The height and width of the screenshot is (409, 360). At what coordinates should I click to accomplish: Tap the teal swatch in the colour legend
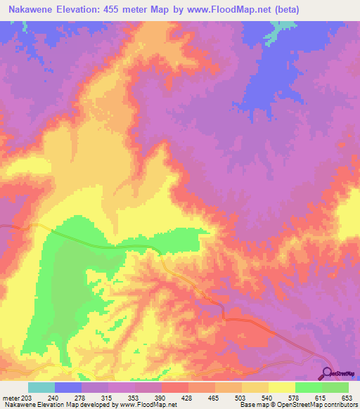(41, 387)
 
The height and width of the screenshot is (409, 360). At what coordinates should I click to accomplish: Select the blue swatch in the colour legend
(67, 387)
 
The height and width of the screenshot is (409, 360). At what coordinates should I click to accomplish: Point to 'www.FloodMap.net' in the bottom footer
(148, 405)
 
